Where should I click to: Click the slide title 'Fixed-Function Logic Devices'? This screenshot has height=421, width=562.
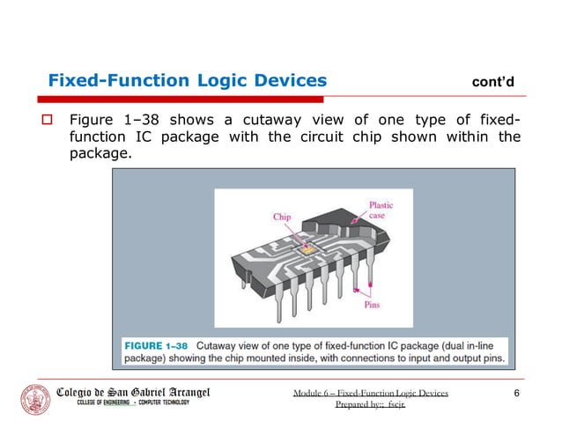pos(187,81)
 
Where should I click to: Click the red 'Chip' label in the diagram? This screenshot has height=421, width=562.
pos(281,217)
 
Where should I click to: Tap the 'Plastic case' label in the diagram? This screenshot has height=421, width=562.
pos(381,210)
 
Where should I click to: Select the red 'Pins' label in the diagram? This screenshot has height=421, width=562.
pos(372,306)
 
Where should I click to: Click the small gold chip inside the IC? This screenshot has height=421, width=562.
pos(307,251)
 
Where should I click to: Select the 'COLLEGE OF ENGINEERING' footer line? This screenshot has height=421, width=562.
pos(103,403)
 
